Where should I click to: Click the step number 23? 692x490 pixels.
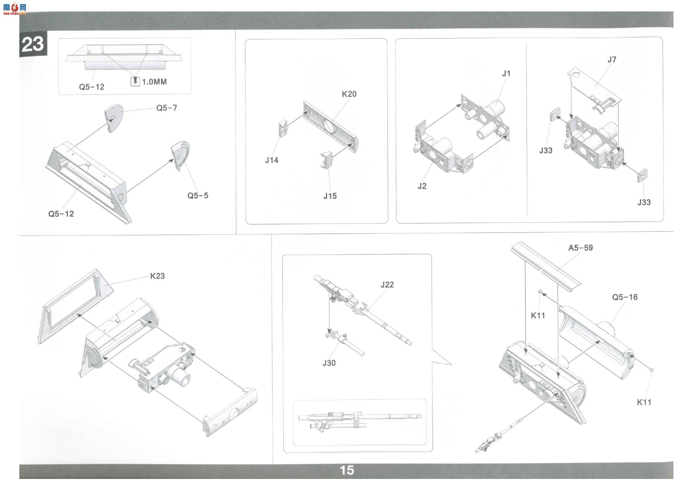pyautogui.click(x=32, y=44)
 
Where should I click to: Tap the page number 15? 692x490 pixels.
pyautogui.click(x=347, y=470)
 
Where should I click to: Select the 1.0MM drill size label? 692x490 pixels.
pyautogui.click(x=154, y=82)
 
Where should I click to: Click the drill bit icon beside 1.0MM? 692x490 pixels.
pyautogui.click(x=135, y=81)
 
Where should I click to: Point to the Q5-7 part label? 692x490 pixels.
pyautogui.click(x=166, y=108)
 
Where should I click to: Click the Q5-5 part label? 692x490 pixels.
pyautogui.click(x=198, y=195)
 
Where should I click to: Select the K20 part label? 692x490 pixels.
pyautogui.click(x=349, y=94)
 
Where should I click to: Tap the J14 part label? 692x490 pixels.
pyautogui.click(x=271, y=160)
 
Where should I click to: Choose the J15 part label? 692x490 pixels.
pyautogui.click(x=330, y=196)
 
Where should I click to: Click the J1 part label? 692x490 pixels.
pyautogui.click(x=506, y=73)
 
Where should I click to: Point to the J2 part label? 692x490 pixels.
pyautogui.click(x=422, y=186)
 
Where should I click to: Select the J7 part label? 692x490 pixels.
pyautogui.click(x=612, y=60)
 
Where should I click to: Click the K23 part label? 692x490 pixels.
pyautogui.click(x=157, y=276)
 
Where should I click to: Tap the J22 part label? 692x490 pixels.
pyautogui.click(x=387, y=285)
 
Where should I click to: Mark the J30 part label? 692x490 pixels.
pyautogui.click(x=329, y=363)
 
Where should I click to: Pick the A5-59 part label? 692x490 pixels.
pyautogui.click(x=580, y=248)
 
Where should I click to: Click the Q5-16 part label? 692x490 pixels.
pyautogui.click(x=625, y=297)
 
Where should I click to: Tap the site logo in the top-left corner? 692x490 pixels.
pyautogui.click(x=15, y=8)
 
